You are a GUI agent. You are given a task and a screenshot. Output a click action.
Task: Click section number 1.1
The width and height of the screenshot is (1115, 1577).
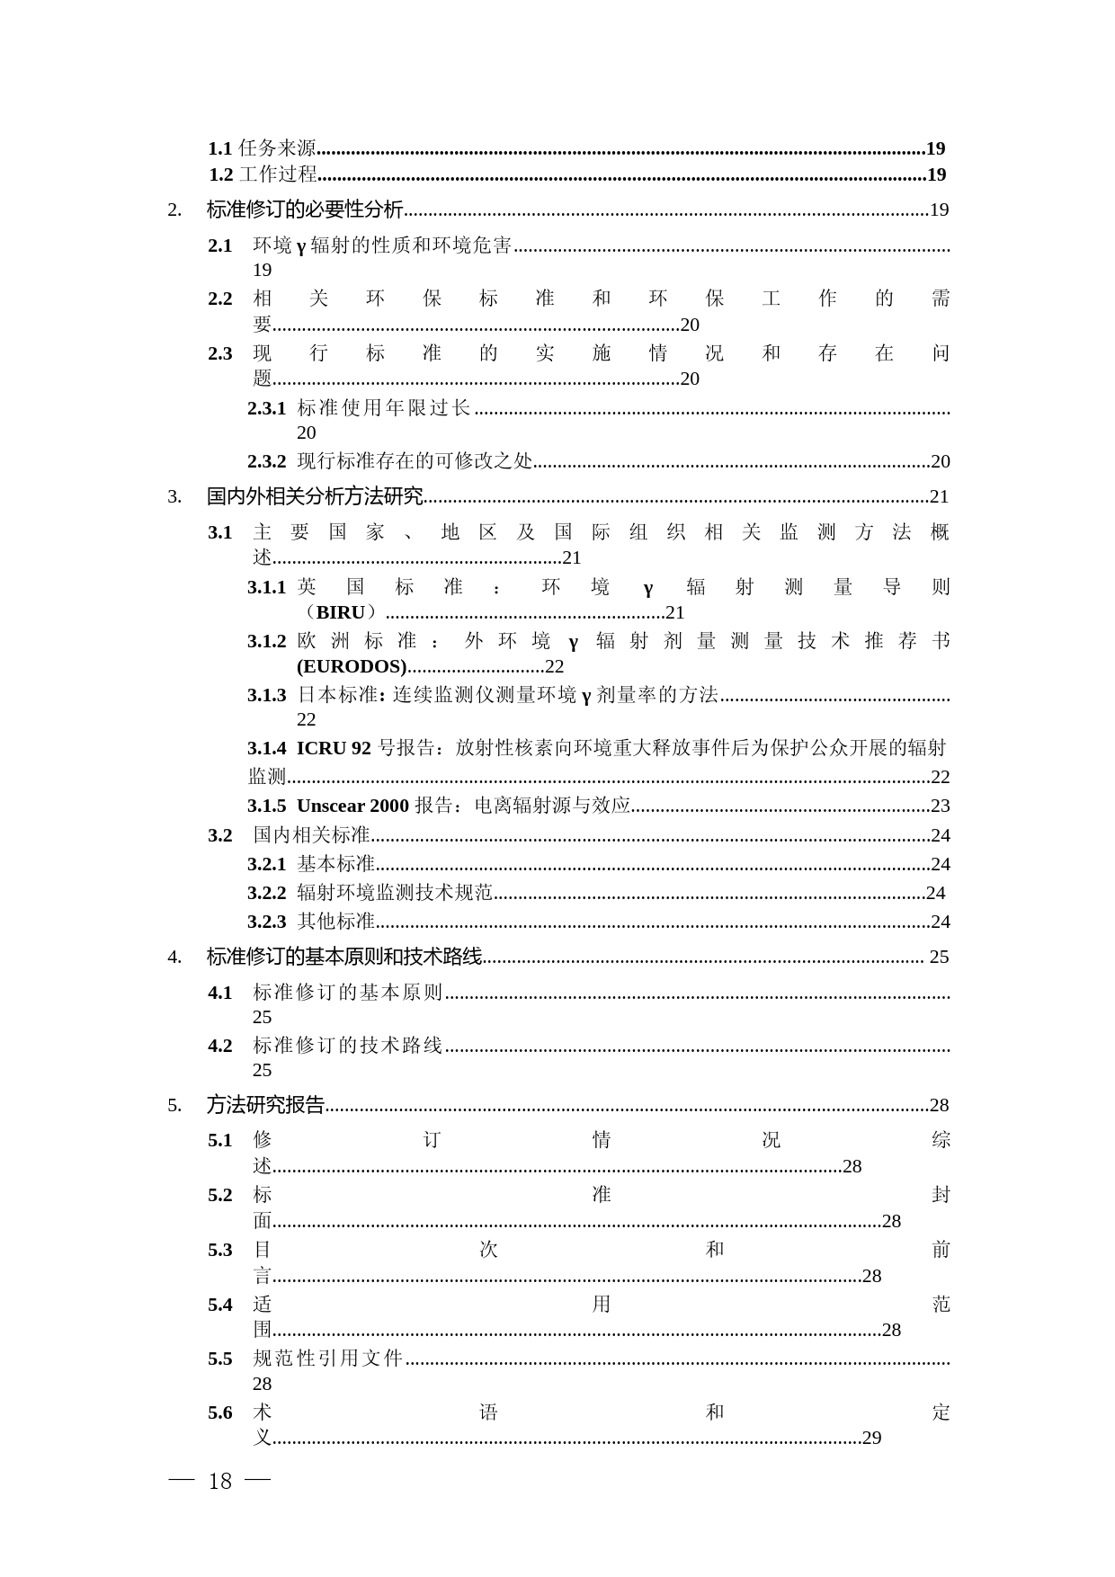point(220,148)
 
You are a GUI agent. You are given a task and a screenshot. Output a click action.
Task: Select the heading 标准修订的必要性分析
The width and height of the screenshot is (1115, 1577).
point(305,210)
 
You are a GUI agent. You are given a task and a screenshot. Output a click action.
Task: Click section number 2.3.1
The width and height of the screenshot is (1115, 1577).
point(266,408)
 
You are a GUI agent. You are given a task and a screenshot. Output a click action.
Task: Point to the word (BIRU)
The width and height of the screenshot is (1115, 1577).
point(341,612)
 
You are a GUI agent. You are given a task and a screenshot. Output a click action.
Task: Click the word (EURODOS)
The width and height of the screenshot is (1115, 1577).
point(352,666)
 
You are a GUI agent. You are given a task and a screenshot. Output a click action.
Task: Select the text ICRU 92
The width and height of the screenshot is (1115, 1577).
point(334,748)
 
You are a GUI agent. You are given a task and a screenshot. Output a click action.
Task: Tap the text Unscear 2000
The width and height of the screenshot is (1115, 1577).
point(352,806)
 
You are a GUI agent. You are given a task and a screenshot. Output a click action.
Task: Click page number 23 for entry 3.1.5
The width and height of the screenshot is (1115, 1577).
point(940,806)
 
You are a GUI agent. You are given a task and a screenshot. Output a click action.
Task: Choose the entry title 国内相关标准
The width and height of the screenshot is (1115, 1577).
point(311,835)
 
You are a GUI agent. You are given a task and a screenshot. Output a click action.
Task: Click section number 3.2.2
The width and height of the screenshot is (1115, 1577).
point(266,893)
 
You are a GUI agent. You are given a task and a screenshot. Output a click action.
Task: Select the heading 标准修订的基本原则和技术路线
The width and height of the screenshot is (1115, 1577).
point(344,957)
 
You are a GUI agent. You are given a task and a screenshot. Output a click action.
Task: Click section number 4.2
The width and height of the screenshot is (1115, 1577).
point(220,1046)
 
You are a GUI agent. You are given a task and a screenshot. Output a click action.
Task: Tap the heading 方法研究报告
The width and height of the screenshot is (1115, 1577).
point(265,1105)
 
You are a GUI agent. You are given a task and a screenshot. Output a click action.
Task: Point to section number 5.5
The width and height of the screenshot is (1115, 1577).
point(220,1359)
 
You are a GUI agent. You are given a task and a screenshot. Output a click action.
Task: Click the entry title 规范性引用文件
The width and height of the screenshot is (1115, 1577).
point(328,1359)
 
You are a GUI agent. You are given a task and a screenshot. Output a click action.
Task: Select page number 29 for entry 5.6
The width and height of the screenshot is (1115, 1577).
point(871,1438)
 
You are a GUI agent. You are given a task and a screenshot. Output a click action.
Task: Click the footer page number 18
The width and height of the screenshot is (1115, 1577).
point(220,1482)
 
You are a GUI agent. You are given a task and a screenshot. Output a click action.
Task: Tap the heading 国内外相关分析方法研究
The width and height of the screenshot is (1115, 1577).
point(315,496)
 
